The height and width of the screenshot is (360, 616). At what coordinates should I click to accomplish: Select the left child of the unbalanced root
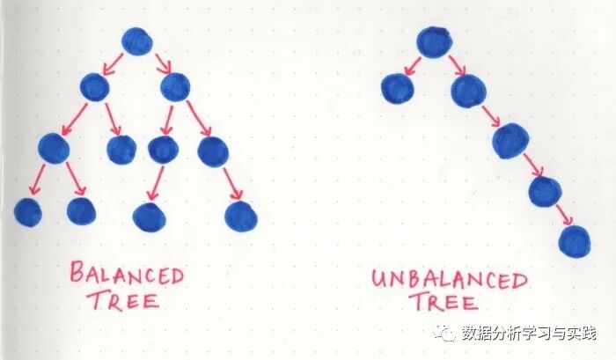pos(398,88)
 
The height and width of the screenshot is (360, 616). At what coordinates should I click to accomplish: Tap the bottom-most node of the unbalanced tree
pos(575,240)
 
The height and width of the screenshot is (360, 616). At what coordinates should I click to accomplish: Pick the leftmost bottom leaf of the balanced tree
pos(27,212)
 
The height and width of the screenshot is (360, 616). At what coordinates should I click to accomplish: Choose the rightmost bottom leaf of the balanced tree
pos(240,216)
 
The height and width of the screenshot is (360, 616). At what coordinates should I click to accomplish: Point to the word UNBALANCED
pos(449,281)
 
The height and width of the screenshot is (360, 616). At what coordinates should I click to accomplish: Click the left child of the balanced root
pos(94,86)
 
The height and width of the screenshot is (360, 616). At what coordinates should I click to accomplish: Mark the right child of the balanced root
pos(175,85)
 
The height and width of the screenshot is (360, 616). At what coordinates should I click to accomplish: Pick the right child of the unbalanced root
pos(467,90)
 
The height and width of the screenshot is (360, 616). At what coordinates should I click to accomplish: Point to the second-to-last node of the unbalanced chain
pos(545,190)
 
